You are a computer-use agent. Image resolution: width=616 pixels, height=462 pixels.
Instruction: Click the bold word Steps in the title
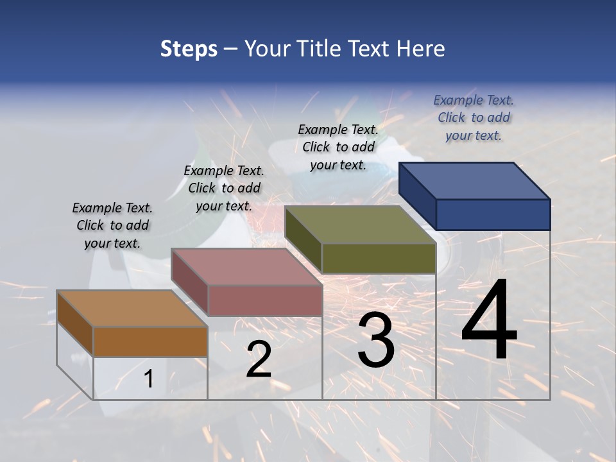[189, 49]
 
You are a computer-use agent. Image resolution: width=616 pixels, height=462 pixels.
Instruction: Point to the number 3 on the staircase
[376, 340]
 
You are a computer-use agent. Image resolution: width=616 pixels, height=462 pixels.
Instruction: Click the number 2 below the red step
[259, 359]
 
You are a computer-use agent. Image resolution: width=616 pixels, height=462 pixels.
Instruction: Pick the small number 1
[148, 379]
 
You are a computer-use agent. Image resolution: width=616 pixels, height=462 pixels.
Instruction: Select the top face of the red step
[247, 267]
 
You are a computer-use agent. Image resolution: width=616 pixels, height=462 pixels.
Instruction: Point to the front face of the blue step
[493, 214]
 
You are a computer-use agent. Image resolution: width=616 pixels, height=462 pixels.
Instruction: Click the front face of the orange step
[150, 341]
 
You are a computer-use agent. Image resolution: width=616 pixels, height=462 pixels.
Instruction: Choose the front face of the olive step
[379, 258]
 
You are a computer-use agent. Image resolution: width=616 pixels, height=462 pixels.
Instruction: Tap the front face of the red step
[264, 300]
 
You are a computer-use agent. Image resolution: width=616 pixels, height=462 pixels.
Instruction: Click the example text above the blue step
[474, 117]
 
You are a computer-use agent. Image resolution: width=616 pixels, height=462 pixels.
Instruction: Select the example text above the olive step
[338, 147]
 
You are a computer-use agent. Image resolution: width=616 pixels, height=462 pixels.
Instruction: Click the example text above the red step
[224, 188]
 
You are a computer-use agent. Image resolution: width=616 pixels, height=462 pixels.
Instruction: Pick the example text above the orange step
[112, 225]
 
